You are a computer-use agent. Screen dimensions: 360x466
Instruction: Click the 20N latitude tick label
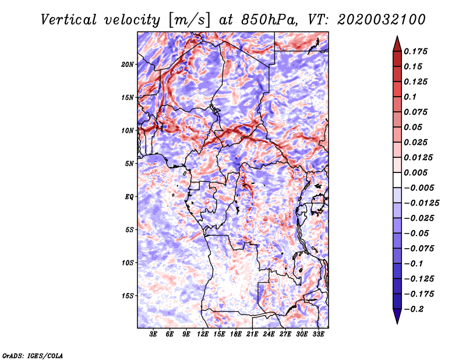click(x=128, y=64)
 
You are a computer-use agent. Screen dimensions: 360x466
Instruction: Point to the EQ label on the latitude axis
click(x=129, y=197)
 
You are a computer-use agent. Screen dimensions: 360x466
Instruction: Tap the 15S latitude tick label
click(x=128, y=296)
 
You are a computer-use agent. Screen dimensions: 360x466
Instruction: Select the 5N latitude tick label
click(x=129, y=164)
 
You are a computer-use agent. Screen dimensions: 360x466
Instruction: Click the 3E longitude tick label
click(x=154, y=334)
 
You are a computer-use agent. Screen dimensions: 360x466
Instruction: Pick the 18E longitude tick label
click(x=236, y=334)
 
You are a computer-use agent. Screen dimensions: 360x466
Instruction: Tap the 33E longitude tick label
click(x=318, y=334)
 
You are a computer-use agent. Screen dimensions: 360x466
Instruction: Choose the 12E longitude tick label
click(x=203, y=334)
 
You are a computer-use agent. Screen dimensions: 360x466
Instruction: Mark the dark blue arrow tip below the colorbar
click(x=397, y=318)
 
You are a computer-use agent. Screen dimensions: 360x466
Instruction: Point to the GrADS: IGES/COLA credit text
click(x=33, y=355)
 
